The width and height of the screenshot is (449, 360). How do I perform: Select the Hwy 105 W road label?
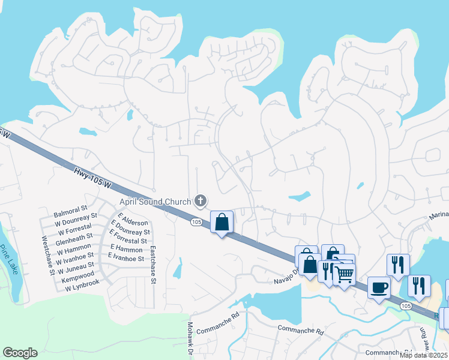coord(92,178)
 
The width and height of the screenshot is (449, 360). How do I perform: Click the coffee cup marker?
coord(379,287)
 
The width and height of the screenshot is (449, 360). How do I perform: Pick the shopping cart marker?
coord(343,275)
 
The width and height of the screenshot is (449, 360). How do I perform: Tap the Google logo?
coord(20,353)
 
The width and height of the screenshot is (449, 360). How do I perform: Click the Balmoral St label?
coord(71,213)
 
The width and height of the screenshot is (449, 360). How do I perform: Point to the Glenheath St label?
coord(73,236)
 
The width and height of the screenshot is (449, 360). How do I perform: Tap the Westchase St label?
coord(44,255)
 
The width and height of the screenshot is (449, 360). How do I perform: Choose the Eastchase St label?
coord(154,265)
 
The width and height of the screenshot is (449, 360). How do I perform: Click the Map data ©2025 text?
coord(424,355)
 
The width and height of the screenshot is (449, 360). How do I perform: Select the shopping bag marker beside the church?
coord(221,222)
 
